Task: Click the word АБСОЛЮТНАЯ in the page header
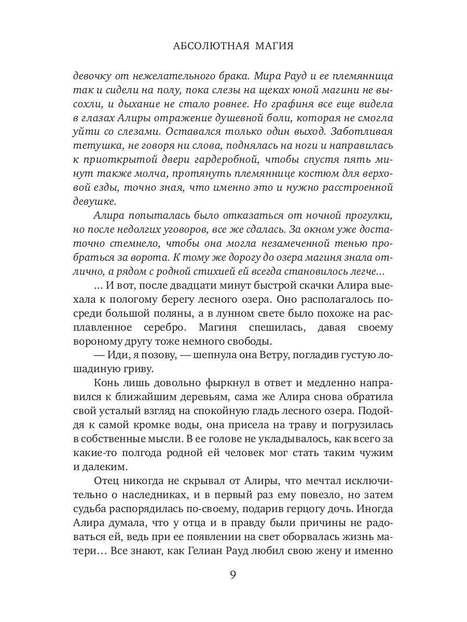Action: coord(210,46)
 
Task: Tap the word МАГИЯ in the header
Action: coord(274,46)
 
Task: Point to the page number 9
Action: coord(233,589)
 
